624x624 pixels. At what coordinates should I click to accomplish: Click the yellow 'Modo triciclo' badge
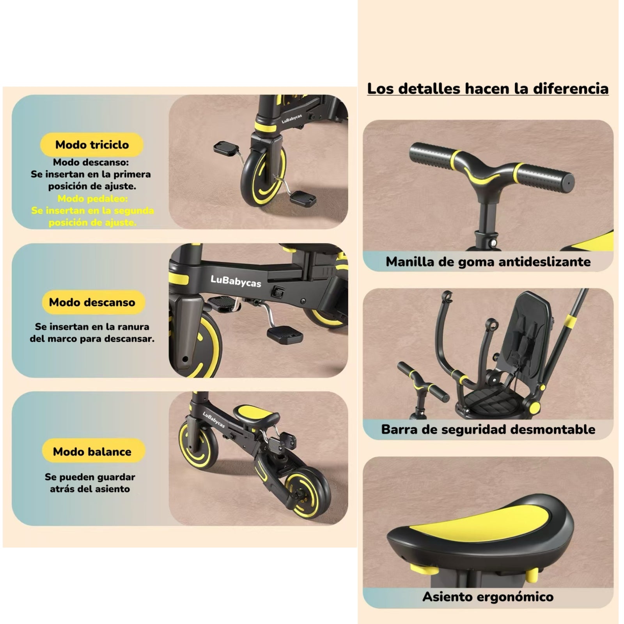pyautogui.click(x=92, y=145)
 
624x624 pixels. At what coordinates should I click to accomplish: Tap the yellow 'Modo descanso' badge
pyautogui.click(x=92, y=302)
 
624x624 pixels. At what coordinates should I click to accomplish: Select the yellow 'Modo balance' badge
pyautogui.click(x=92, y=452)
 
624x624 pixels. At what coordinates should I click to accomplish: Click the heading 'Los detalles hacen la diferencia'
pyautogui.click(x=488, y=89)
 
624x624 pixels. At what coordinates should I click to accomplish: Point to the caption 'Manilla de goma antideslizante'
pyautogui.click(x=488, y=261)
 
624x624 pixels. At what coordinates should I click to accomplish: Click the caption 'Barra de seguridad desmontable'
pyautogui.click(x=488, y=429)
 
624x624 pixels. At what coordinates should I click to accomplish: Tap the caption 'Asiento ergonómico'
pyautogui.click(x=488, y=597)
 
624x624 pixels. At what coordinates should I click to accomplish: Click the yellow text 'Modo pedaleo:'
pyautogui.click(x=92, y=199)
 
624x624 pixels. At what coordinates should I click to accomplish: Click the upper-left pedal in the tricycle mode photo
pyautogui.click(x=226, y=148)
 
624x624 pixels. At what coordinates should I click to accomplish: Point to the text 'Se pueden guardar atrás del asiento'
pyautogui.click(x=90, y=483)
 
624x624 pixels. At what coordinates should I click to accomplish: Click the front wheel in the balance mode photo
pyautogui.click(x=198, y=445)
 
